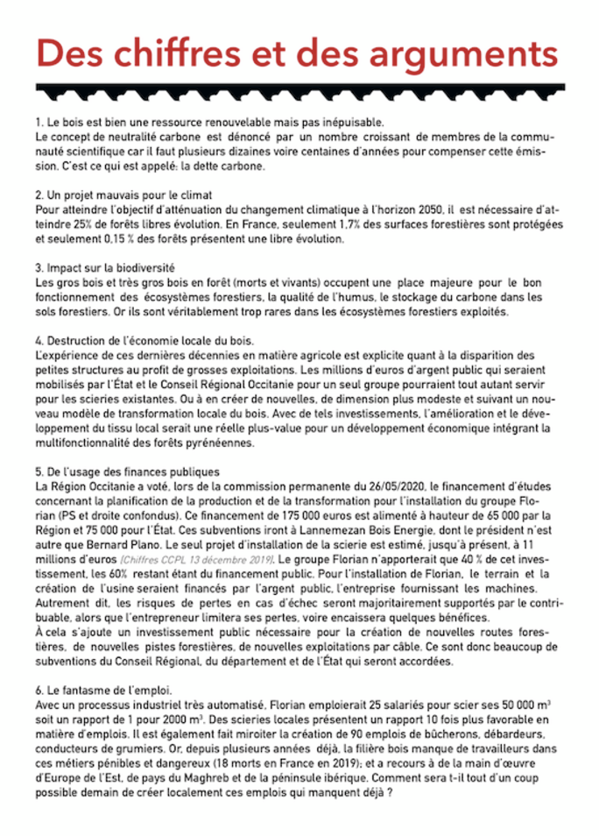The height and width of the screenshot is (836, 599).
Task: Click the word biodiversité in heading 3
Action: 146,266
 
